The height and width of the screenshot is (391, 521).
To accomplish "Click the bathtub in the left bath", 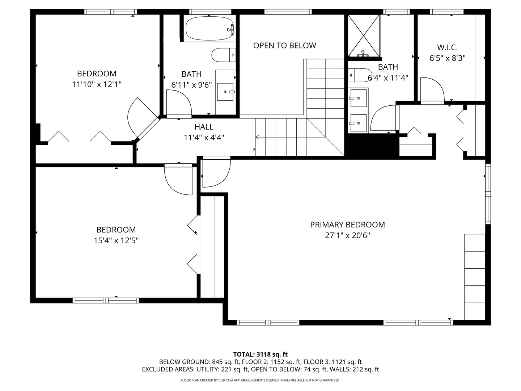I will pyautogui.click(x=209, y=28).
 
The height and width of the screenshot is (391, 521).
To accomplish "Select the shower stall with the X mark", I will pyautogui.click(x=364, y=35).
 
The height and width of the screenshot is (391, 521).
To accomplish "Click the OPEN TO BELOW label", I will pyautogui.click(x=284, y=46).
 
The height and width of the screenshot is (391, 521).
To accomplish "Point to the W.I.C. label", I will pyautogui.click(x=447, y=47).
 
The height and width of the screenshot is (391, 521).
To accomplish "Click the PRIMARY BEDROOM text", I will pyautogui.click(x=347, y=225).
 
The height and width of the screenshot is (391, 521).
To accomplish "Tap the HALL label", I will pyautogui.click(x=204, y=127).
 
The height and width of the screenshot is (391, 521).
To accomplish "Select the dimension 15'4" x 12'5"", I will pyautogui.click(x=116, y=240).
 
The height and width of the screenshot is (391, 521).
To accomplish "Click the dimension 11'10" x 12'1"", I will pyautogui.click(x=97, y=84).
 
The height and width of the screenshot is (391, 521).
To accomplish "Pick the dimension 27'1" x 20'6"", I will pyautogui.click(x=347, y=236).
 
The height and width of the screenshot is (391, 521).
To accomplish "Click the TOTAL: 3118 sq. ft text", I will pyautogui.click(x=260, y=354).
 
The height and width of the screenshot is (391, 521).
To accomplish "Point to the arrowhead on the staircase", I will pyautogui.click(x=257, y=137).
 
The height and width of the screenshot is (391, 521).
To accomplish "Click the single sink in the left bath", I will pyautogui.click(x=226, y=92).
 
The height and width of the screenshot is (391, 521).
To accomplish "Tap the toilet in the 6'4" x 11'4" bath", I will pyautogui.click(x=360, y=75).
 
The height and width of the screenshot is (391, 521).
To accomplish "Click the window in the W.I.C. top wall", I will pyautogui.click(x=447, y=12).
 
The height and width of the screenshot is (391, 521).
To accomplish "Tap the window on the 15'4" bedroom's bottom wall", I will pyautogui.click(x=106, y=300).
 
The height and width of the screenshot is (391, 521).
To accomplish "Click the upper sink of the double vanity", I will pyautogui.click(x=358, y=98).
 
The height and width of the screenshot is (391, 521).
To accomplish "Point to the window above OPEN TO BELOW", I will pyautogui.click(x=288, y=12).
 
